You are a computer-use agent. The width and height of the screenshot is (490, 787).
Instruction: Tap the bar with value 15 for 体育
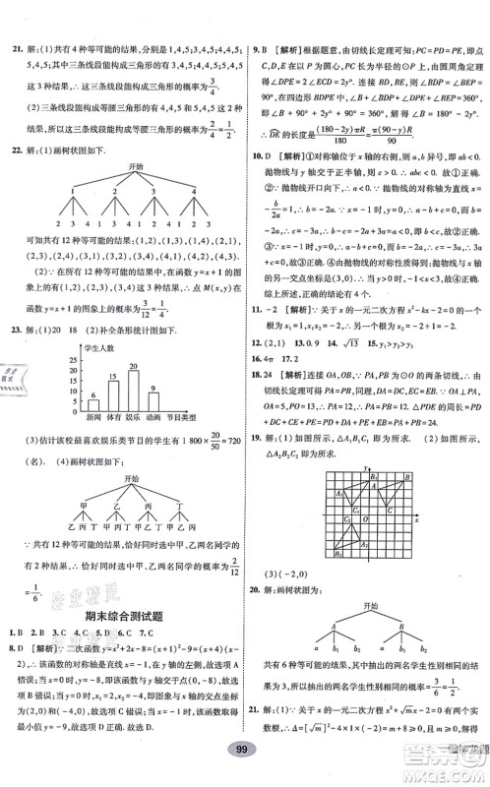coord(114,358)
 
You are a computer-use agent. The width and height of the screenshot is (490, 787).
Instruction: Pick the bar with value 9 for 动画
coord(155,366)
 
